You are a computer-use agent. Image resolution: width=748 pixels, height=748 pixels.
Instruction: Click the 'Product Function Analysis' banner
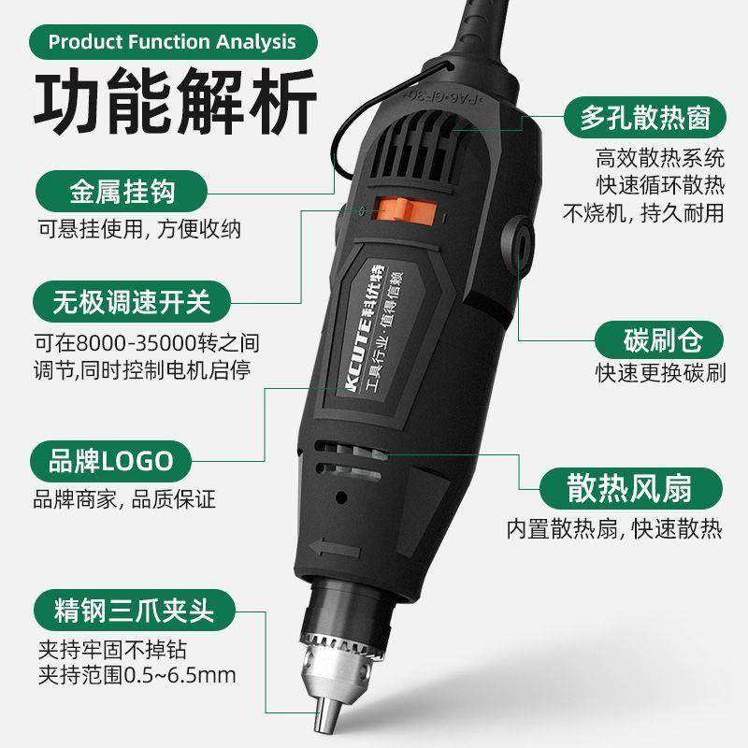(172, 42)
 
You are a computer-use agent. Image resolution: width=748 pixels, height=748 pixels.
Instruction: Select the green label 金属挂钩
(122, 195)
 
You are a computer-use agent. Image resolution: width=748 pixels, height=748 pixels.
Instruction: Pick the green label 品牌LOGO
(112, 460)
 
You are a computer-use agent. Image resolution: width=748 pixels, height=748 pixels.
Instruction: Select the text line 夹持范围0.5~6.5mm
(137, 673)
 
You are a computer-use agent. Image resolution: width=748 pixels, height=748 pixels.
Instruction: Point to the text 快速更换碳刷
(660, 372)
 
